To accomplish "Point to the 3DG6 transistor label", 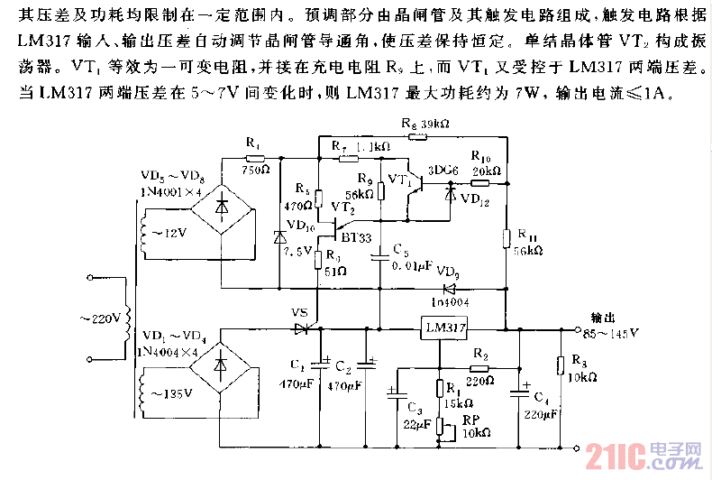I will tap(443, 169).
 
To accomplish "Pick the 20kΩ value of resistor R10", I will tap(486, 171).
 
